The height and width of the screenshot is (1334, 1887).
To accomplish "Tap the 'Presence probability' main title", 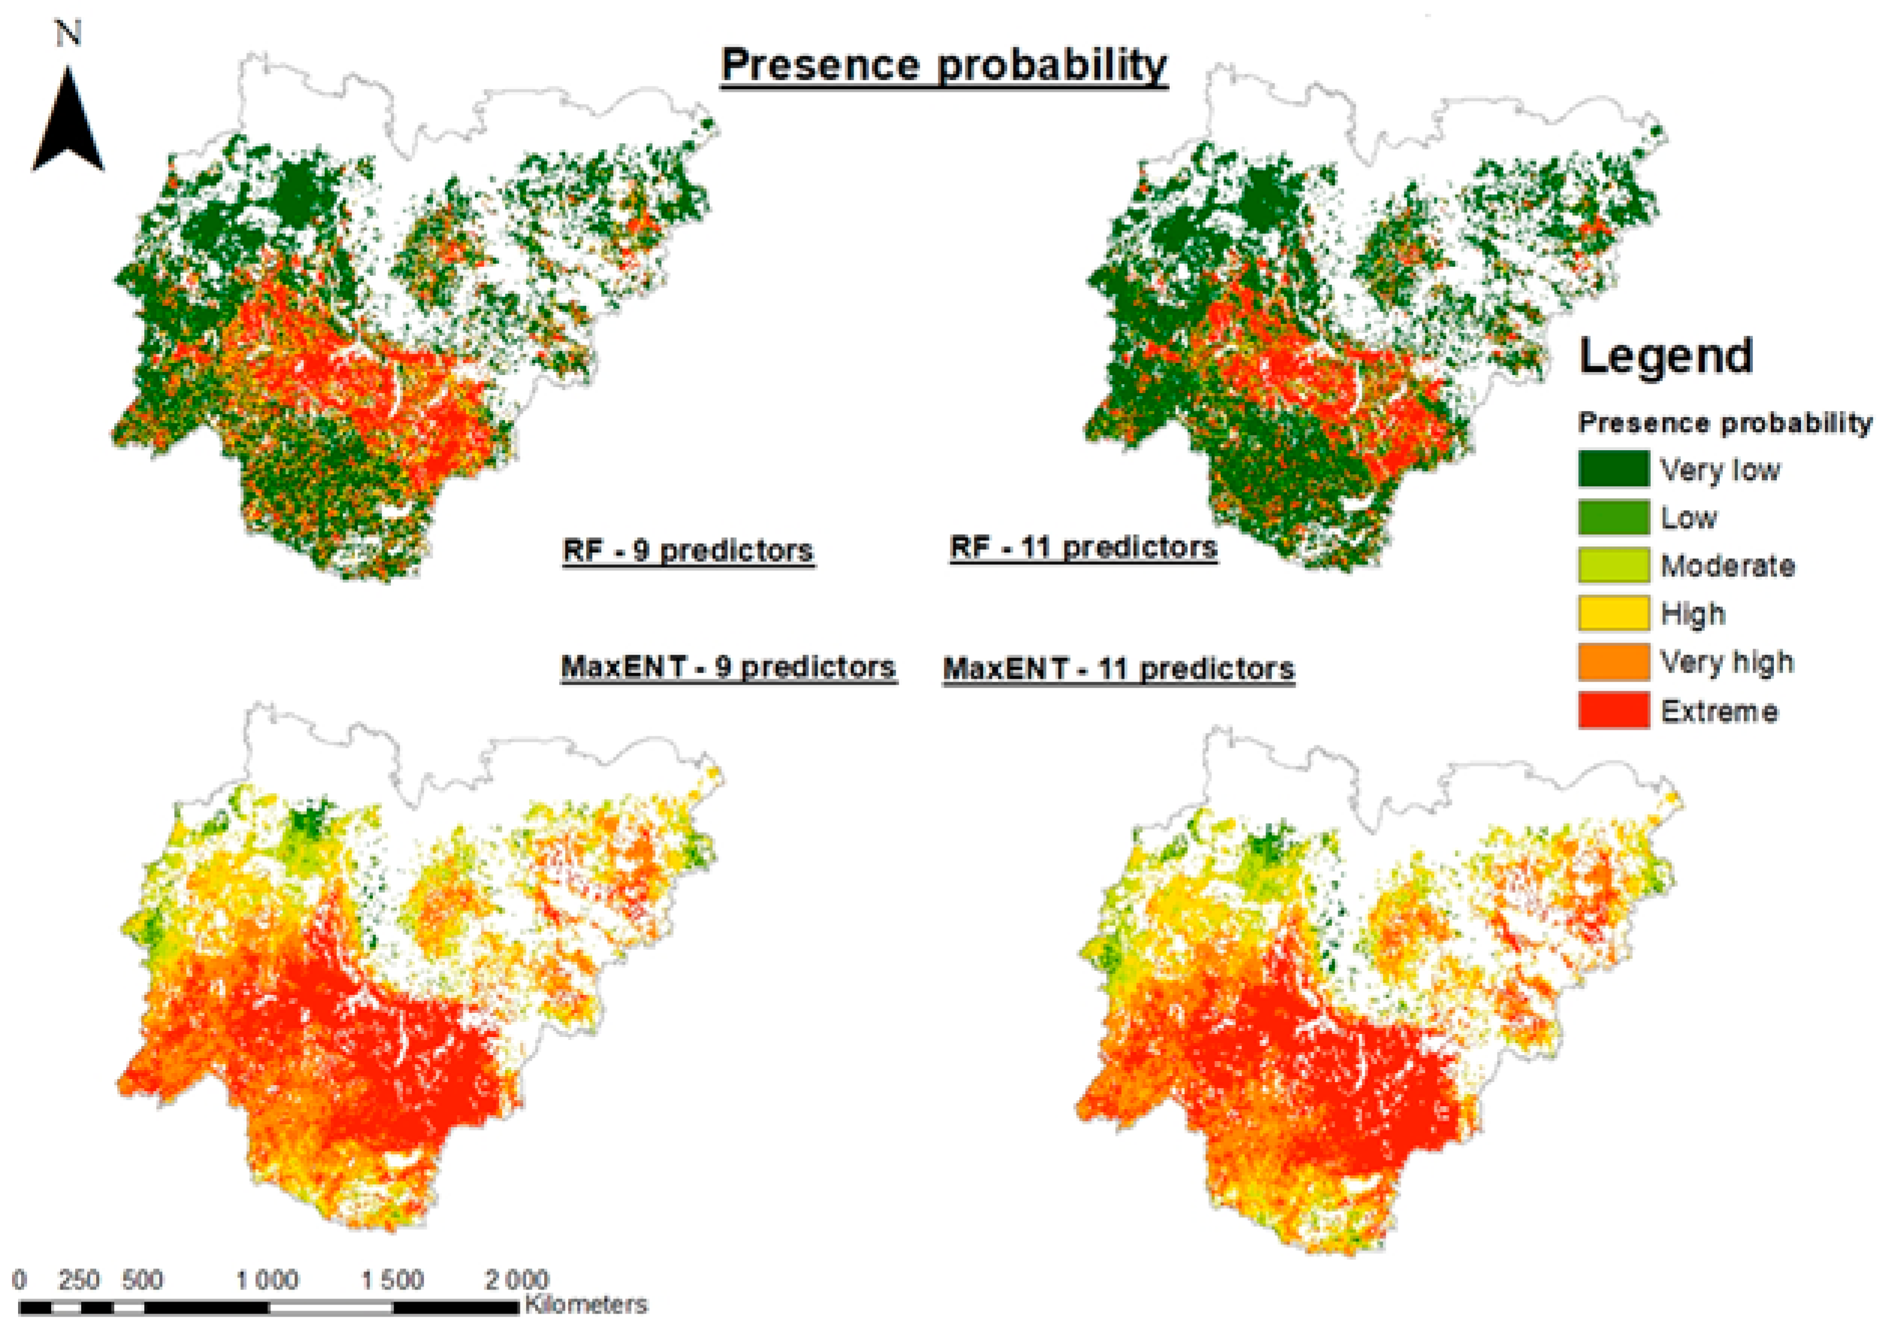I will click(944, 65).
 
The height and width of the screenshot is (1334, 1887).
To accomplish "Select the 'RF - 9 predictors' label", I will click(688, 550).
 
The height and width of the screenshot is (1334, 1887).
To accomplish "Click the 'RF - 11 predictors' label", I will click(1083, 548).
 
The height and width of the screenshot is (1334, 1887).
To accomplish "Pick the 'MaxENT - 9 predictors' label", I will click(728, 667).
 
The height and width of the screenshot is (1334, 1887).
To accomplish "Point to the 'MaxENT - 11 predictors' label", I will click(1119, 669).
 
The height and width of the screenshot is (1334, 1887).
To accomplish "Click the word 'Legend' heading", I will click(1665, 356).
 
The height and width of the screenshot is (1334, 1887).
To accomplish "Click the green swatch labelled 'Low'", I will click(1612, 518).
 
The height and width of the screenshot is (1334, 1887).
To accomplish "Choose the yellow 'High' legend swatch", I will click(1612, 613).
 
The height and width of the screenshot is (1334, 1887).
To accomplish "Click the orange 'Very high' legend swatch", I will click(1612, 662).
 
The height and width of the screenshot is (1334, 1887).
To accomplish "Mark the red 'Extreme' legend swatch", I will click(1612, 710).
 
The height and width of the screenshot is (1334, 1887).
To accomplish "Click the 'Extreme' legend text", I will click(1719, 711).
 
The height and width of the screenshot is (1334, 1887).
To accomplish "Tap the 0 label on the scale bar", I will click(20, 1280).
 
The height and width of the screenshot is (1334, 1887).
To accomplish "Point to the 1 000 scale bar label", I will click(267, 1280).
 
